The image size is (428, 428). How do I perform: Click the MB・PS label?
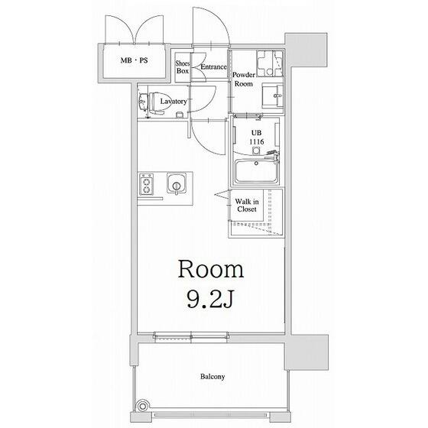point(134,60)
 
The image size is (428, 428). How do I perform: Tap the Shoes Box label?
point(183,67)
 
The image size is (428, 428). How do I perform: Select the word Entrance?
point(213,67)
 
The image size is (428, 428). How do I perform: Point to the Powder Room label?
point(244,79)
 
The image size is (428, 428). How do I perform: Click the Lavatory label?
point(173,102)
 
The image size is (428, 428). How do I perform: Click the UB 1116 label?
point(256,138)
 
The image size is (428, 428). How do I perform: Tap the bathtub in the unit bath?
point(257,171)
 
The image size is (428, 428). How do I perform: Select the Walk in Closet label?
point(247,206)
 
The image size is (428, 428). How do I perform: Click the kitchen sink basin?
point(177,183)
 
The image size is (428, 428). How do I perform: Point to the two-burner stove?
point(146,184)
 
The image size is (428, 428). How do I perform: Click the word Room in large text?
point(211,269)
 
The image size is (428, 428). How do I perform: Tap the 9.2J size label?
point(210,299)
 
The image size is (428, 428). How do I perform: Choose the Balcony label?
point(212,377)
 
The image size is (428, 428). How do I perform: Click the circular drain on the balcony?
point(142,406)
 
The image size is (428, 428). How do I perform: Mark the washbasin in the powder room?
point(272,96)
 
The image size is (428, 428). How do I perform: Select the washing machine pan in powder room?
point(270,63)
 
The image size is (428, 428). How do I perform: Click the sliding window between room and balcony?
point(191,337)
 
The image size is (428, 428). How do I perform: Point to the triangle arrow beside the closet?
point(222,194)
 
